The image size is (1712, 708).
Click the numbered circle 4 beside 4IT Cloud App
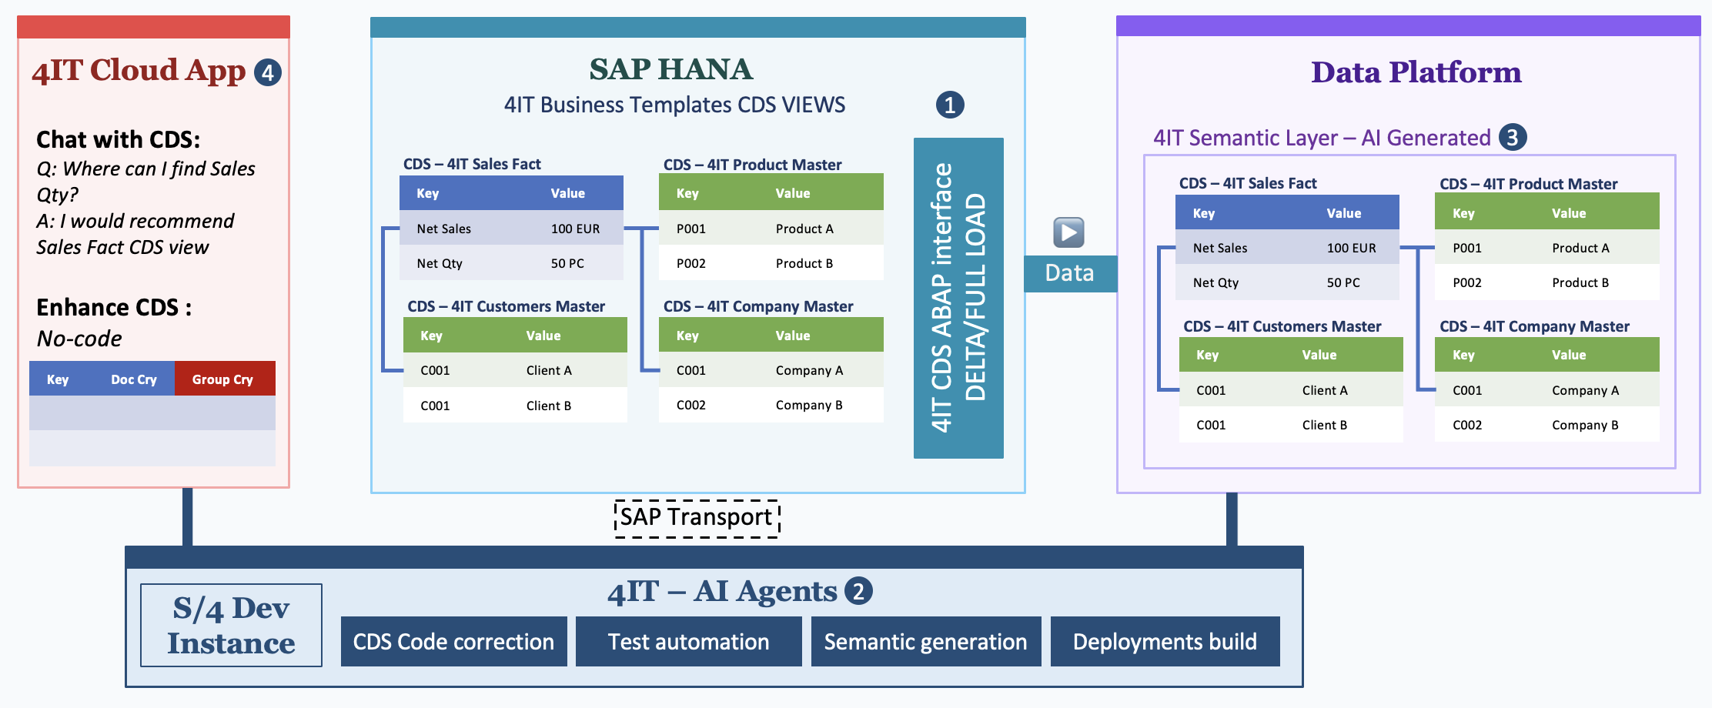pos(268,72)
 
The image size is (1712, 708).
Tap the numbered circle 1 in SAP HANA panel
pos(950,105)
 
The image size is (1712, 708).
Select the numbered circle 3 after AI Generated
pos(1512,137)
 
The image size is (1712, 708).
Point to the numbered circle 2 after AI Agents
pos(858,591)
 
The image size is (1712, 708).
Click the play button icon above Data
pos(1068,232)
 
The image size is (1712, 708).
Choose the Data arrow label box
pos(1070,273)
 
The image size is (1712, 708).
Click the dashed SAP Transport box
pos(697,518)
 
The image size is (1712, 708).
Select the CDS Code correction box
pos(453,641)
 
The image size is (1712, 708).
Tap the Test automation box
pos(688,641)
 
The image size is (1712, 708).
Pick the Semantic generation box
pos(925,641)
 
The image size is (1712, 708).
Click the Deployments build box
pos(1165,641)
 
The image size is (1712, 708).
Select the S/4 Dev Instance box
pos(231,625)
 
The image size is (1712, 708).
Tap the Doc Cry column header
pos(134,379)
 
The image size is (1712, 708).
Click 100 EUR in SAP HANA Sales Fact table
pos(575,229)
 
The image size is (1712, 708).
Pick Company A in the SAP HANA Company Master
pos(809,370)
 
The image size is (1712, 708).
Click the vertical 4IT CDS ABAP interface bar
pos(958,298)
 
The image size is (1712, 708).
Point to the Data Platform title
pos(1416,72)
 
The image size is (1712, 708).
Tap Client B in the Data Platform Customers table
pos(1324,425)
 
